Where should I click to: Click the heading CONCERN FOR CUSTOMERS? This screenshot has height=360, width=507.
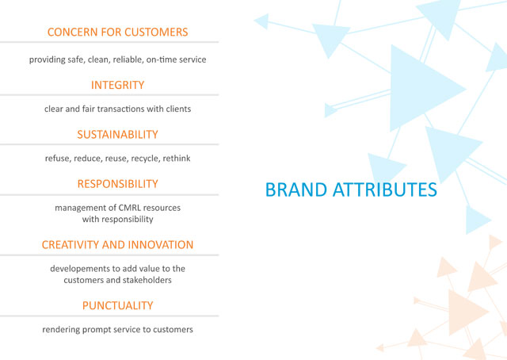tap(117, 32)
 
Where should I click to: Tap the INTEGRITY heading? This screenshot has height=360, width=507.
tap(117, 85)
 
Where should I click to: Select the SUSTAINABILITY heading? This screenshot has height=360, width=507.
tap(117, 134)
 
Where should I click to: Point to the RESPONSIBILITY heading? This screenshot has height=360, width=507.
tap(117, 184)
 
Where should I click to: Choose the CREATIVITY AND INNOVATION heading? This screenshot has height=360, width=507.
tap(117, 245)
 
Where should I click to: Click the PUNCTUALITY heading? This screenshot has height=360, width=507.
tap(117, 305)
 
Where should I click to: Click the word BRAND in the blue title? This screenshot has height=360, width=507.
tap(295, 190)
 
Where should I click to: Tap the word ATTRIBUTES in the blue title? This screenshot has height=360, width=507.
tap(385, 190)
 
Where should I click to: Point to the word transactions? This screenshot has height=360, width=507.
tap(120, 109)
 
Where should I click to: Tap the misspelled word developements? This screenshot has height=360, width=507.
tap(80, 269)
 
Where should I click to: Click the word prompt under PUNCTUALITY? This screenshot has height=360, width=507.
tap(94, 330)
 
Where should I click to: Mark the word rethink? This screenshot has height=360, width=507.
tap(177, 159)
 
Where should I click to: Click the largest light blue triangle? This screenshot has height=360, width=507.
tap(421, 88)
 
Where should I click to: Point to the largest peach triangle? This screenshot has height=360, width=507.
tap(466, 312)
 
